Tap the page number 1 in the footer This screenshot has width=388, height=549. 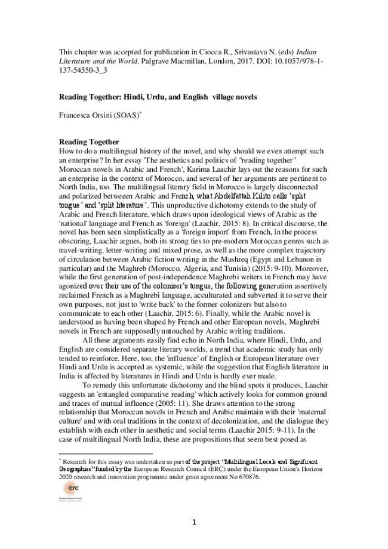[x=195, y=523]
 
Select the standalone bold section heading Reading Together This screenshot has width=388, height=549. [x=88, y=141]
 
